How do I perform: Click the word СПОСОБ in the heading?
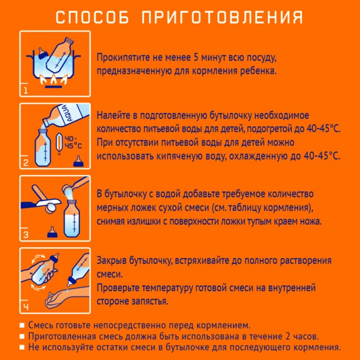click(x=92, y=16)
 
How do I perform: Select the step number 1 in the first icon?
click(x=26, y=91)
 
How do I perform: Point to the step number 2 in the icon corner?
click(x=26, y=164)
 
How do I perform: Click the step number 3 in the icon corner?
click(x=26, y=235)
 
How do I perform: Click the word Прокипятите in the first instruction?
click(x=125, y=58)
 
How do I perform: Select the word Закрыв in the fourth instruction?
click(x=112, y=260)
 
